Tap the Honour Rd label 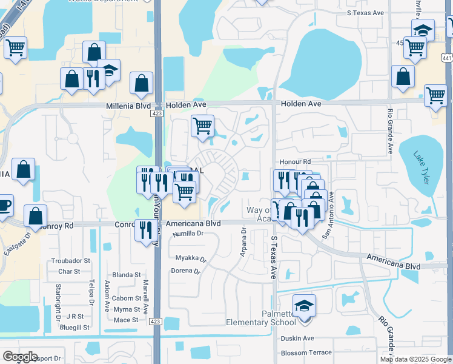coord(295,163)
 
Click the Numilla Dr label coord(188,234)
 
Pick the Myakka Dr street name coord(191,258)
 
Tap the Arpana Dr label coord(243,242)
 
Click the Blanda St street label coord(127,275)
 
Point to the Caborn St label coord(126,298)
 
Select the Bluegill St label coord(74,327)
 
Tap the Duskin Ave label coord(297,339)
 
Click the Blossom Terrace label coord(306,352)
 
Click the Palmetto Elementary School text coord(261,318)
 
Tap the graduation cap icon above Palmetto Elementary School coord(304,305)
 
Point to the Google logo coord(20,357)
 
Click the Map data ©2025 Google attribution coord(415,359)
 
